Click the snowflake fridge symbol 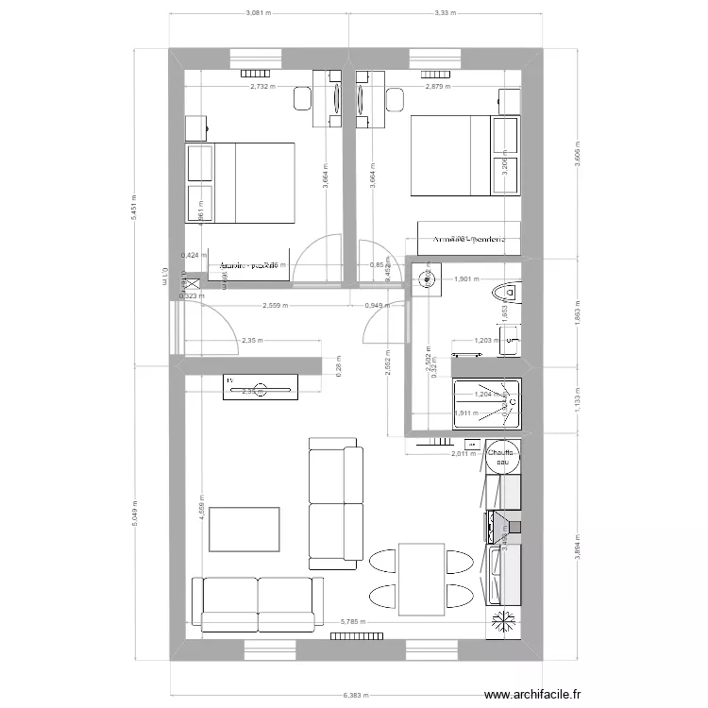[502, 622]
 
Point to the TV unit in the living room [261, 386]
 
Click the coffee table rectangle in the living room [245, 530]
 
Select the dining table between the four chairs [421, 579]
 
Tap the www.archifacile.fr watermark [547, 696]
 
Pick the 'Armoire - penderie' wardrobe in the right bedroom [469, 240]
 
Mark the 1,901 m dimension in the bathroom [467, 279]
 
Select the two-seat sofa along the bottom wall [255, 603]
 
